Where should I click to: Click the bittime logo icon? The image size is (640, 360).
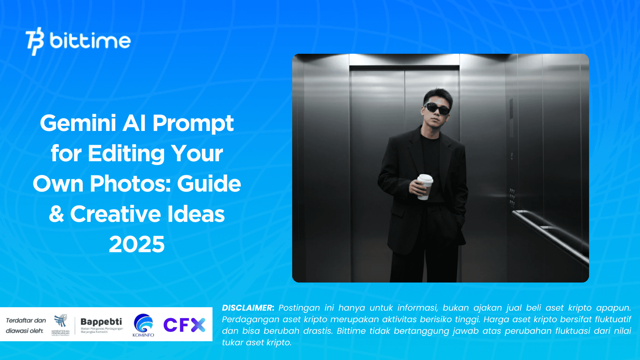[x=34, y=41]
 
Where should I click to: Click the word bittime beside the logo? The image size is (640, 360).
[x=90, y=41]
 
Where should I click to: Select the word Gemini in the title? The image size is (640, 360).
[x=78, y=123]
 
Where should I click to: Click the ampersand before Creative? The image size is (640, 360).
[x=57, y=214]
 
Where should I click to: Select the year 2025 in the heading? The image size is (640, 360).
[x=137, y=244]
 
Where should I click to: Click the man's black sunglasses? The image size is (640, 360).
[x=437, y=108]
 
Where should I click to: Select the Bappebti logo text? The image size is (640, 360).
[x=101, y=322]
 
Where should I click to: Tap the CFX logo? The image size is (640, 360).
[x=184, y=325]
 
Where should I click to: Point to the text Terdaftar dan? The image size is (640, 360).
[x=26, y=320]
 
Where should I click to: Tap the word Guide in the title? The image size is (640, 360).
[x=209, y=184]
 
